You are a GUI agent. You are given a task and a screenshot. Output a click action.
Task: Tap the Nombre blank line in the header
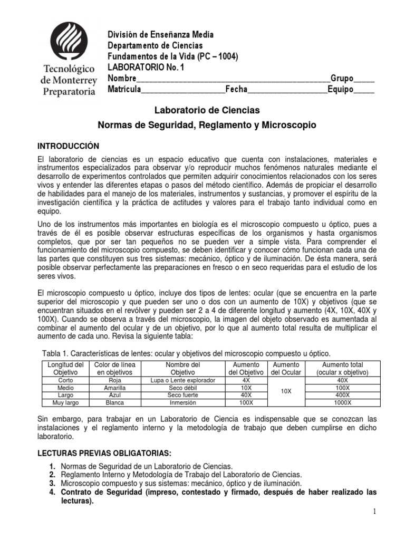coord(232,80)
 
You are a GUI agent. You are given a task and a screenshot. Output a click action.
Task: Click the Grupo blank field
coord(364,80)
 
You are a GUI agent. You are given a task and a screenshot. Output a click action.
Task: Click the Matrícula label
coord(124,89)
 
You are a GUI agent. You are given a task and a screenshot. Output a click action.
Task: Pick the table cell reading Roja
coord(115,380)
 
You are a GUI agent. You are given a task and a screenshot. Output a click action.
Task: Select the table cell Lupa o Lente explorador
coord(183,380)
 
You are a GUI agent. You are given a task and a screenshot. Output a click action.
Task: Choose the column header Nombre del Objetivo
coord(183,368)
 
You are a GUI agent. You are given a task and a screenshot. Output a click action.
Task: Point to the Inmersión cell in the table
coord(183,402)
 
